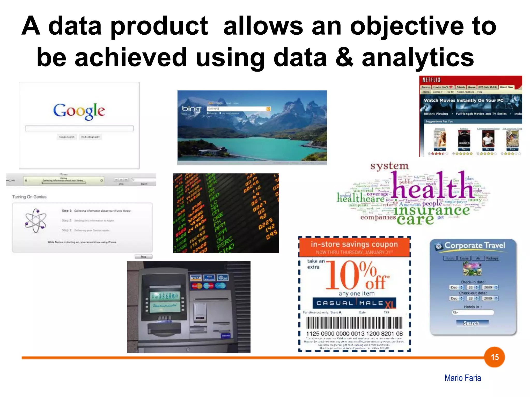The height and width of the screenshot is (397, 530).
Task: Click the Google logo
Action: coord(79,111)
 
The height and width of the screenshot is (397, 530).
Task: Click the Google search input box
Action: coord(79,128)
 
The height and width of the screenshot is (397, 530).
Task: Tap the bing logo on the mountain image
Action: coord(191,109)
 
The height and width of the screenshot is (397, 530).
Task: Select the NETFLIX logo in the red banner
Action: coord(431,80)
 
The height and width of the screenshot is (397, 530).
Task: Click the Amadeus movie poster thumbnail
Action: coord(464,139)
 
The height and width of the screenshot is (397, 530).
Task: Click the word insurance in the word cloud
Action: coord(431,210)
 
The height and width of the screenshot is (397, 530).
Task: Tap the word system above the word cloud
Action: coord(389,166)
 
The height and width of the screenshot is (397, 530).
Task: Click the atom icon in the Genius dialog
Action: coord(36,221)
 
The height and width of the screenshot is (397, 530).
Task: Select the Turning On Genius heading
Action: coord(29,197)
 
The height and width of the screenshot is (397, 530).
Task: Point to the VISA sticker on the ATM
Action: coord(196,278)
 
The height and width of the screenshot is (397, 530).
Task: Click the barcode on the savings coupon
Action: coord(354,323)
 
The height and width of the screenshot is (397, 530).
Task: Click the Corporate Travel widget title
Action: coord(474,246)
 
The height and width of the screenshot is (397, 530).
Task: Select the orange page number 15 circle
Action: coord(494,357)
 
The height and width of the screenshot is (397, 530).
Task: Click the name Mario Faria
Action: coord(462,378)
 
